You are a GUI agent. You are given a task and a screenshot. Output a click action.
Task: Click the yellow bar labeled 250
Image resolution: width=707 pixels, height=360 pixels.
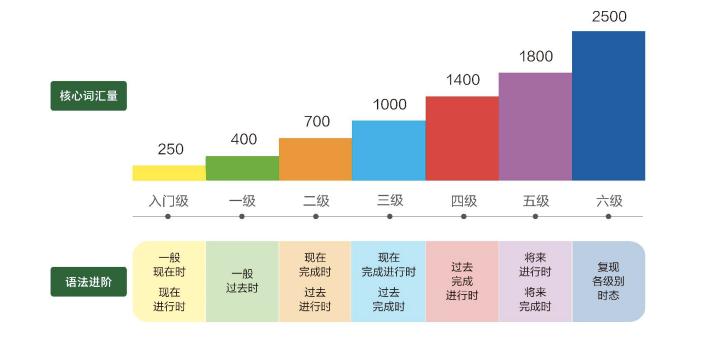169,173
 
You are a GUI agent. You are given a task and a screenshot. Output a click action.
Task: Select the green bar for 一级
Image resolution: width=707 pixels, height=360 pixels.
242,168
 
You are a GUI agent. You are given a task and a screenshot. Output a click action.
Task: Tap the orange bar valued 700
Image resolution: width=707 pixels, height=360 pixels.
315,159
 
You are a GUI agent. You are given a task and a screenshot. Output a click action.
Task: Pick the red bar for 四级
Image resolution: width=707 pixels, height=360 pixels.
462,138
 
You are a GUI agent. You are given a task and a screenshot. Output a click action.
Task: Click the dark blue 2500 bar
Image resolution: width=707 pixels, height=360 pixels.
608,105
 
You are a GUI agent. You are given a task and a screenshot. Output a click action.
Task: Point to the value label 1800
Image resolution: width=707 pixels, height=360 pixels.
536,57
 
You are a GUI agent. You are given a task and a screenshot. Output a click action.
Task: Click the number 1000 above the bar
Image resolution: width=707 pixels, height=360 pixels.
389,105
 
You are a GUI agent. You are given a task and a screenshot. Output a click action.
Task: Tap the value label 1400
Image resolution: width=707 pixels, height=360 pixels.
463,80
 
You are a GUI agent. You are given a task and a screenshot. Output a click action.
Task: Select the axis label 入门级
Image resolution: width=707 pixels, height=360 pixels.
169,201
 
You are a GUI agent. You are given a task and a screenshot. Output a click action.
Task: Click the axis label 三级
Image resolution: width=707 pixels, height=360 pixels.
389,201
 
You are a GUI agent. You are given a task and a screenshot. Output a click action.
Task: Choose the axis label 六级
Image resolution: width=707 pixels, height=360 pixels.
609,201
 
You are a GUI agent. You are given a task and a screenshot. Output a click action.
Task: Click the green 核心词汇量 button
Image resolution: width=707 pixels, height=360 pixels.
89,97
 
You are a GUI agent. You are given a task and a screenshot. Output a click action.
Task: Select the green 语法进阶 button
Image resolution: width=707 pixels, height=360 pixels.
89,282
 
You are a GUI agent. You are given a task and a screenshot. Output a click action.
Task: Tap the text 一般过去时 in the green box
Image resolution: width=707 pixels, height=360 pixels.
242,281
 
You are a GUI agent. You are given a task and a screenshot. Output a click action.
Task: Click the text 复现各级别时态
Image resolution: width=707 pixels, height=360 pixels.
608,281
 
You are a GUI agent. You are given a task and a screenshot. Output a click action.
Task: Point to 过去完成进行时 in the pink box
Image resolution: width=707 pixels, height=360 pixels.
462,281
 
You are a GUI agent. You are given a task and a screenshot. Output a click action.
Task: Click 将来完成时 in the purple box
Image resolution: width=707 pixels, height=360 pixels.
535,299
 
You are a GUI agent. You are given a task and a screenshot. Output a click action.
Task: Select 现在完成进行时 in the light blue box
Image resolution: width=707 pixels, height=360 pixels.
389,264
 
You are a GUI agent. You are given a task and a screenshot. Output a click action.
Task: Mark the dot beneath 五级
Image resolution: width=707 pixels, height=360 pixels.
536,216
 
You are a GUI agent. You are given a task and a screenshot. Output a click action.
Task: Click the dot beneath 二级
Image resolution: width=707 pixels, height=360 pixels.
315,216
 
